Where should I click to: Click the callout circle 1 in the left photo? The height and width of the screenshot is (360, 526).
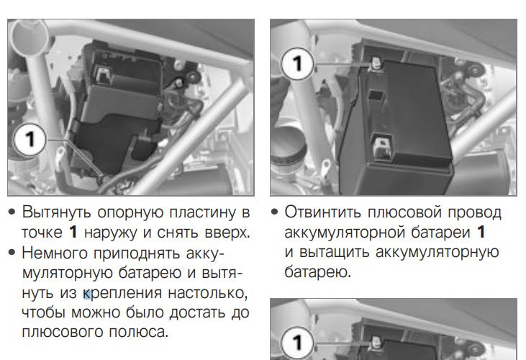[30, 139]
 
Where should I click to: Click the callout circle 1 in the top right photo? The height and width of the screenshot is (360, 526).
[297, 63]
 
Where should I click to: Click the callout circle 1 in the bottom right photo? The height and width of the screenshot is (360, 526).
[297, 343]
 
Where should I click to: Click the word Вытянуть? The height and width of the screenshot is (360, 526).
[56, 212]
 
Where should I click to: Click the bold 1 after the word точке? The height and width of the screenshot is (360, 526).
[73, 232]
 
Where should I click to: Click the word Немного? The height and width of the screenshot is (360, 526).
[55, 252]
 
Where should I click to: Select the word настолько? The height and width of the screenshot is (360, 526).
[208, 293]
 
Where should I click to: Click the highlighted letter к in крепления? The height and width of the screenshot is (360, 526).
[86, 294]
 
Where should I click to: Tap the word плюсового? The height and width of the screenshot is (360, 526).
[62, 332]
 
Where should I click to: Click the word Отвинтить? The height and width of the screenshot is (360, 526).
[322, 212]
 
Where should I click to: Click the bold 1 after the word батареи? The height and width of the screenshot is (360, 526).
[481, 232]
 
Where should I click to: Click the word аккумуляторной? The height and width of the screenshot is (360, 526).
[344, 233]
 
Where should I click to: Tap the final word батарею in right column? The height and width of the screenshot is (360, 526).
[317, 272]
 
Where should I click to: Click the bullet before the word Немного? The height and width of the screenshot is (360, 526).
[12, 252]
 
